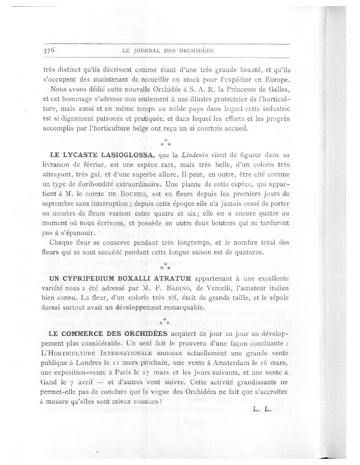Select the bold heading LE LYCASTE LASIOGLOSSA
tap(101, 155)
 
